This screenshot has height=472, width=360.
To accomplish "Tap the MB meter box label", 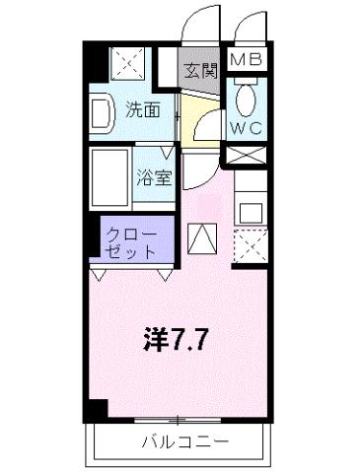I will pyautogui.click(x=247, y=60).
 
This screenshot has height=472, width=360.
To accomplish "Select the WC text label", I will pyautogui.click(x=247, y=127).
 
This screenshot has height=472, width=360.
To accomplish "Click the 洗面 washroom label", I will pyautogui.click(x=144, y=110).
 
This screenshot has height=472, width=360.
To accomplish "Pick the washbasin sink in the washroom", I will pyautogui.click(x=102, y=116).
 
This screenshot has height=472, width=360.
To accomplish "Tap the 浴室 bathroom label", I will pyautogui.click(x=155, y=180).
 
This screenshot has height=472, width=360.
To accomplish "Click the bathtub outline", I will pyautogui.click(x=110, y=178).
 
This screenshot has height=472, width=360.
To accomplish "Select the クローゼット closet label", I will pyautogui.click(x=131, y=243).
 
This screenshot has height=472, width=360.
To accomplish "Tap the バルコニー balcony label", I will pyautogui.click(x=183, y=439).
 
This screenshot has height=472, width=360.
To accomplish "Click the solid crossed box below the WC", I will pyautogui.click(x=247, y=155).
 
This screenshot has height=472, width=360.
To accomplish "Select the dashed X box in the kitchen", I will pyautogui.click(x=251, y=244).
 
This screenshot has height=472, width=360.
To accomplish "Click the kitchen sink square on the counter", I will pyautogui.click(x=251, y=211).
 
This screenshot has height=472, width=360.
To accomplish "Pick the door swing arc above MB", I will pyautogui.click(x=251, y=28).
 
